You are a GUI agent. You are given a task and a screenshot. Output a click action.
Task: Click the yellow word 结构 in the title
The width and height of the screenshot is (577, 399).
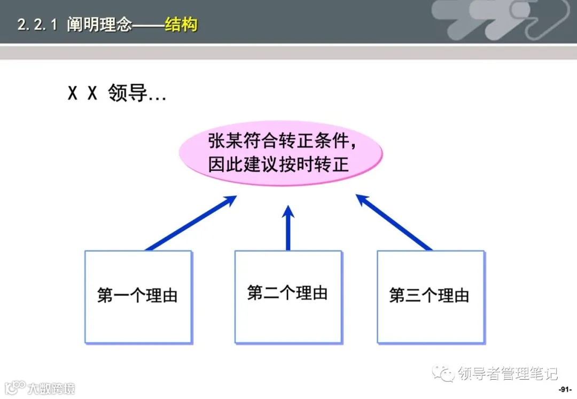(x=181, y=25)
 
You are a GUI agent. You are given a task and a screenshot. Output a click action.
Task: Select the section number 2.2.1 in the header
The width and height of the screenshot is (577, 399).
(x=37, y=25)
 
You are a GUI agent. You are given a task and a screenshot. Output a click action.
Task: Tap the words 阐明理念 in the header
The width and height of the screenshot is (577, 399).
(x=99, y=25)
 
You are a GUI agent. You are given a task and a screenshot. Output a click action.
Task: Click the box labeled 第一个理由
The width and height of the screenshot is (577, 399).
(x=138, y=297)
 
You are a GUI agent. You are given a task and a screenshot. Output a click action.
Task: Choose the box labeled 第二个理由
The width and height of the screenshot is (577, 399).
(x=288, y=297)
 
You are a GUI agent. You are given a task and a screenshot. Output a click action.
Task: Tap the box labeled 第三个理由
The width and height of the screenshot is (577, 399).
(x=431, y=297)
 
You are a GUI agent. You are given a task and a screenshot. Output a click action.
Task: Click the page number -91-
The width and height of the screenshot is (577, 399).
(x=565, y=389)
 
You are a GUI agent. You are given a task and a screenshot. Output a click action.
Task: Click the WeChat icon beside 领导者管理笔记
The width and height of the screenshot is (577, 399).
(x=443, y=373)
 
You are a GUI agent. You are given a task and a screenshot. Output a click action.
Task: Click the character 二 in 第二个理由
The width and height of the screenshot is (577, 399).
(x=272, y=293)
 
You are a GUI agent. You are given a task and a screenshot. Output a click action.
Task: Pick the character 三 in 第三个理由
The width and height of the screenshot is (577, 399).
(x=414, y=295)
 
